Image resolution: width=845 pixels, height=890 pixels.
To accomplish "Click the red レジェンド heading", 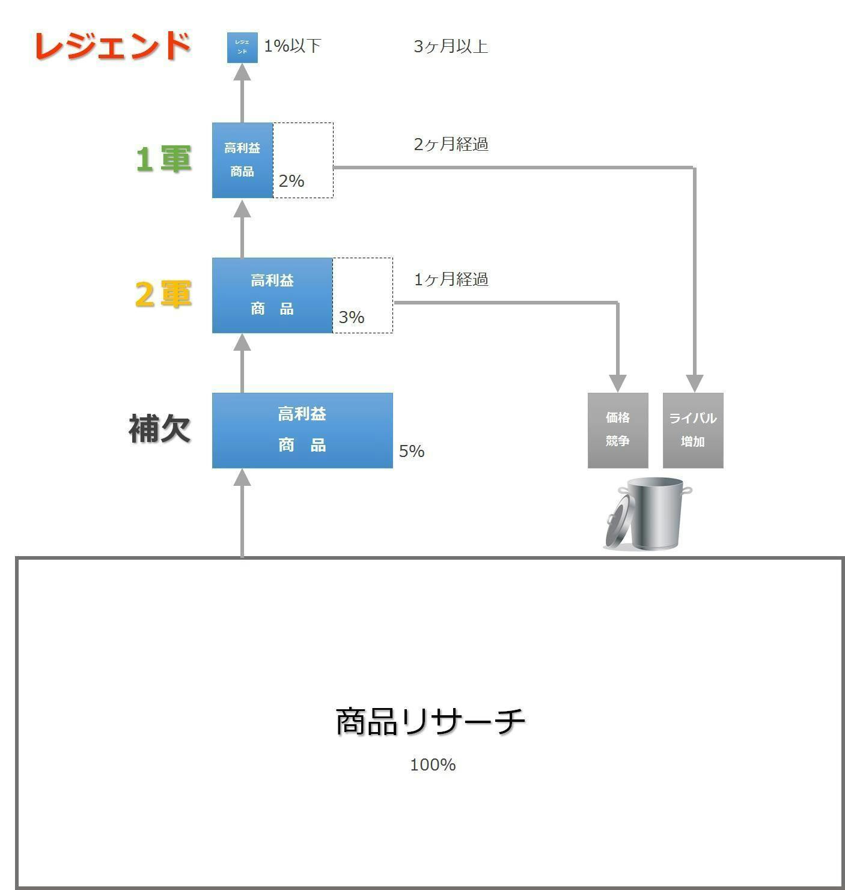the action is click(x=112, y=46).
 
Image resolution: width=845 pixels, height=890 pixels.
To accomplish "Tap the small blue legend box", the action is click(x=242, y=47).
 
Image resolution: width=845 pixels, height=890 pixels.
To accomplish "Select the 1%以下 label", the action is click(x=293, y=46).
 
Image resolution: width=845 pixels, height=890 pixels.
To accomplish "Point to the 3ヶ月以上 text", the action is click(x=451, y=46).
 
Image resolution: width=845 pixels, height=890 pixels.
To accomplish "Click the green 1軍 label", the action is click(x=164, y=159).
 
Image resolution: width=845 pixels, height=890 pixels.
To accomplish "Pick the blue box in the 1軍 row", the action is click(x=242, y=160).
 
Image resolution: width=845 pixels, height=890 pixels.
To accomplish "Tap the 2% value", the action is click(x=291, y=181).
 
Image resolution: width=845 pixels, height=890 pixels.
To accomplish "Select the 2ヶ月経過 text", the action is click(x=451, y=144).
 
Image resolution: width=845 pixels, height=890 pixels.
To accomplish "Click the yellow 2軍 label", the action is click(x=163, y=294).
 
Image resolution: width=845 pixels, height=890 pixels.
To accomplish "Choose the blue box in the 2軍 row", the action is click(x=272, y=295).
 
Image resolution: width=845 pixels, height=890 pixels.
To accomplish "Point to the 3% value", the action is click(x=352, y=317).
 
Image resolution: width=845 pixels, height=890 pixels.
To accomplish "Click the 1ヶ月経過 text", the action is click(x=451, y=279).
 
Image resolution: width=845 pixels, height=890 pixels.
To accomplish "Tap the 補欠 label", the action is click(x=159, y=429).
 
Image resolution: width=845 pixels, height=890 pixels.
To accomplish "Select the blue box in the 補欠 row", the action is click(x=302, y=431).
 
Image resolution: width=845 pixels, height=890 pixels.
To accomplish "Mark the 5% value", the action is click(x=412, y=451).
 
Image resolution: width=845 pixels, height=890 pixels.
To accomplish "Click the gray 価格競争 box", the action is click(x=618, y=431).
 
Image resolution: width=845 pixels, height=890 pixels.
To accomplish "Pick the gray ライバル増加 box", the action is click(x=693, y=431).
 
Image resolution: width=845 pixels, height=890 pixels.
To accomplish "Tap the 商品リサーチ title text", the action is click(x=430, y=721).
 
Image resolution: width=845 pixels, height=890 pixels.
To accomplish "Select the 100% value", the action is click(x=433, y=765).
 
